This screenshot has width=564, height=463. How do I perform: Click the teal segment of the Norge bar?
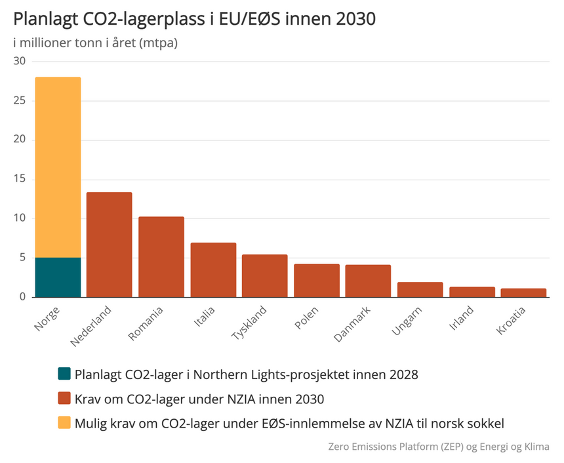[x=58, y=277]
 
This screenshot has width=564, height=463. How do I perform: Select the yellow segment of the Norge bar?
[x=58, y=167]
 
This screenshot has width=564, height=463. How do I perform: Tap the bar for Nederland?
[x=110, y=245]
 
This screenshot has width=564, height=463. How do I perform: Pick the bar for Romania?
[x=161, y=256]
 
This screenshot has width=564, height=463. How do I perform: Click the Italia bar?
[x=213, y=270]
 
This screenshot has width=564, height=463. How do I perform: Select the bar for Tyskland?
[x=265, y=275]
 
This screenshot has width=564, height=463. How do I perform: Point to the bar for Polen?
[x=317, y=280]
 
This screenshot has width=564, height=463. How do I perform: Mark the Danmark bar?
[x=368, y=281]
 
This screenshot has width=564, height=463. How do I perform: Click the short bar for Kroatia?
[x=523, y=292]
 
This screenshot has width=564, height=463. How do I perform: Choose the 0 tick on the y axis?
[x=22, y=296]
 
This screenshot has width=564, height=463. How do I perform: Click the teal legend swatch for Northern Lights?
[x=64, y=374]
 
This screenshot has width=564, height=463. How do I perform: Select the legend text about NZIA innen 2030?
[x=199, y=398]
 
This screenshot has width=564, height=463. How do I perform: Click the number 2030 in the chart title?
[x=354, y=19]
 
